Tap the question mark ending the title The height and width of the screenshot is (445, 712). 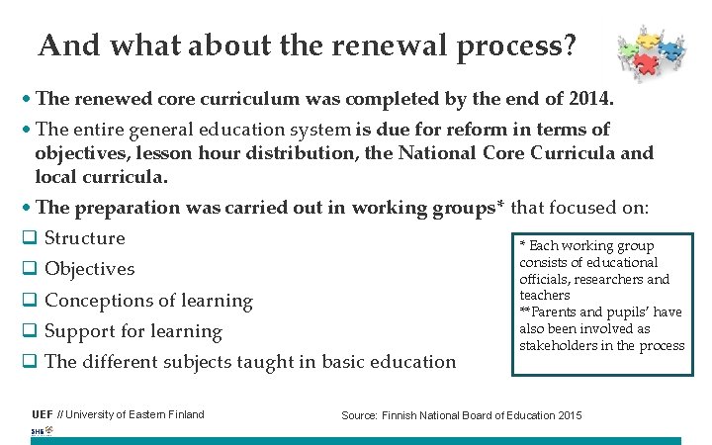pos(569,46)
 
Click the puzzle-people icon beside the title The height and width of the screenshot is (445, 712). pos(650,53)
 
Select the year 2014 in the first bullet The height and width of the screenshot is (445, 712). pos(589,100)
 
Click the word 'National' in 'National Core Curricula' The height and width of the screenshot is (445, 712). pos(438,153)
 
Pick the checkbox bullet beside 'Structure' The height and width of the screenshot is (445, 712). pos(29,238)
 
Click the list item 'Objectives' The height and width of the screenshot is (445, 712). pos(89,269)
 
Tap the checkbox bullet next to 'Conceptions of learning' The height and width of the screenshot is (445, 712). pos(29,301)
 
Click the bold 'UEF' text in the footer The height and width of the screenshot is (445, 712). pos(43,414)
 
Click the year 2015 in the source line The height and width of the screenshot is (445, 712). pos(568,415)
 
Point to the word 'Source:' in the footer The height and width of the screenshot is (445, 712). pos(359,415)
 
